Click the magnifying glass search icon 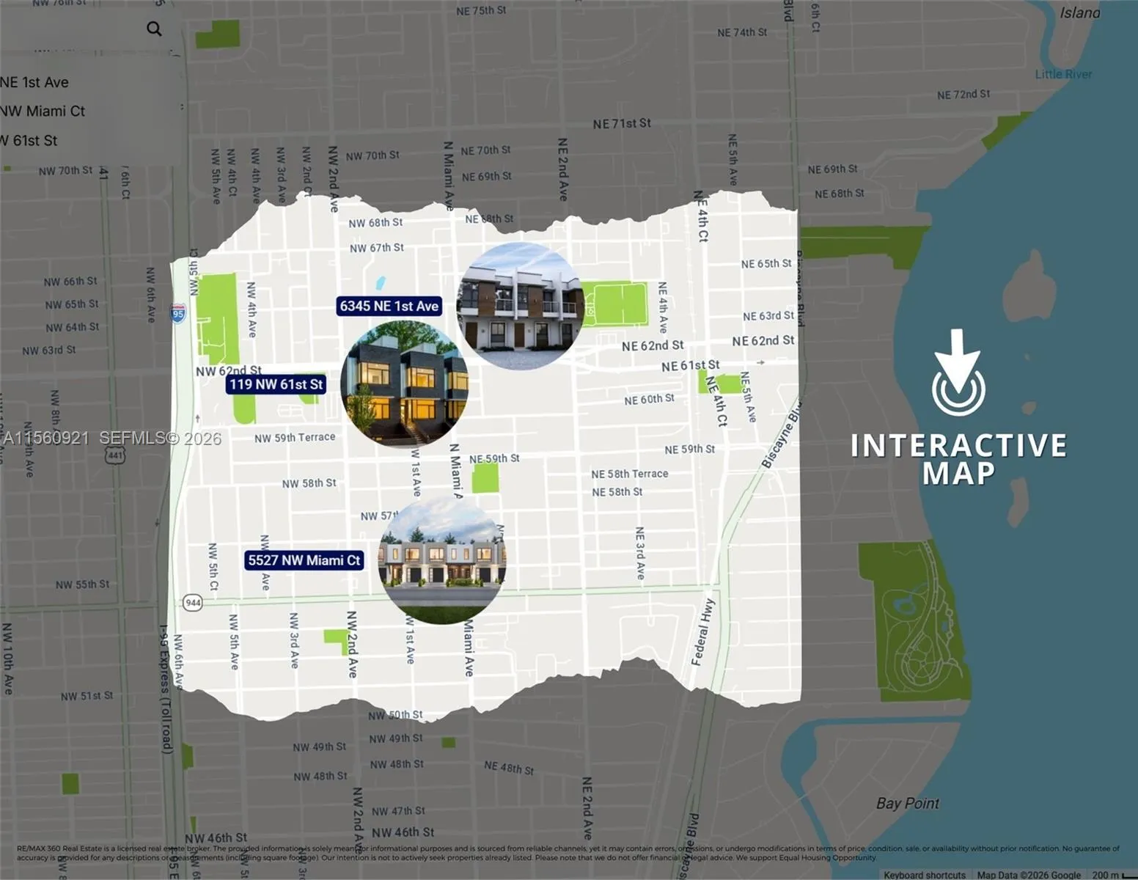point(154,29)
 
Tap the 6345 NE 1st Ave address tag point(389,306)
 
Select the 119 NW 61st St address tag point(276,384)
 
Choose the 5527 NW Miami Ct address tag point(304,560)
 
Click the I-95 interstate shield point(178,314)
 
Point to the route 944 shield point(193,603)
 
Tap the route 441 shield point(115,455)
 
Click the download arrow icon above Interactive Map point(958,373)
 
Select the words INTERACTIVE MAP point(958,458)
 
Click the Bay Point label point(907,803)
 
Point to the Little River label point(1063,74)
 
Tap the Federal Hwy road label point(702,632)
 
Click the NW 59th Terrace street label point(295,438)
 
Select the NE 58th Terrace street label point(630,474)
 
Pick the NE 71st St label point(622,124)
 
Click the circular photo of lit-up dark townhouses point(404,384)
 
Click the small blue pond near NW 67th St point(380,283)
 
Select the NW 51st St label point(87,696)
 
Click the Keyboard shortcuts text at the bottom point(924,875)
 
